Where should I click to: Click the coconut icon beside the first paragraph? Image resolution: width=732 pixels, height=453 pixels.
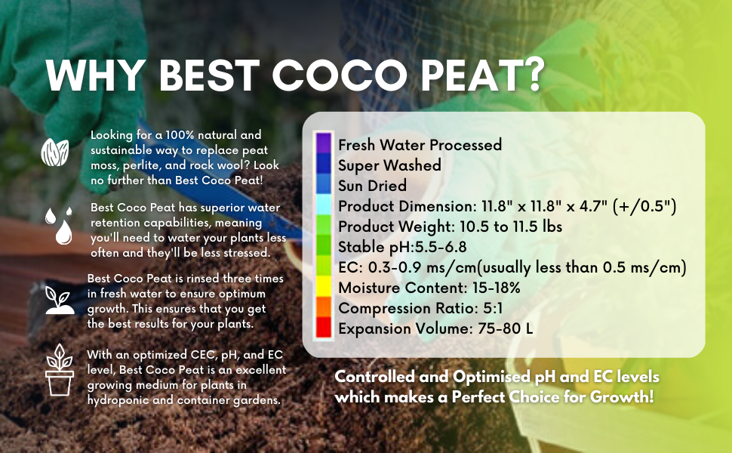coord(54,151)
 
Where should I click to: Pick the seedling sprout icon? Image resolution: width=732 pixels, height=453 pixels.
coord(59,300)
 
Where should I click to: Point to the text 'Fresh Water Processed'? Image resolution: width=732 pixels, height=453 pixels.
coord(420,144)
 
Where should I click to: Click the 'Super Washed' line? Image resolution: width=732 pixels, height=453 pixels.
coord(389,165)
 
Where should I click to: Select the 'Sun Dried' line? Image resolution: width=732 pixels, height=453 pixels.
coord(372,185)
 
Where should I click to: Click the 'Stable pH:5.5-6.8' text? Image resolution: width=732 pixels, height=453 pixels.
coord(402,247)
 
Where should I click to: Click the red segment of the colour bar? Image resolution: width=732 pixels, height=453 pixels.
coord(324,327)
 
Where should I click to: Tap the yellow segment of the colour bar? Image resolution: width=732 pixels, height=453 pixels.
coord(324,286)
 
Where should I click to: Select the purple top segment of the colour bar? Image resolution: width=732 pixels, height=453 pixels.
coord(324,143)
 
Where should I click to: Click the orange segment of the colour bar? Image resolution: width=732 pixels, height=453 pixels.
coord(324,307)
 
